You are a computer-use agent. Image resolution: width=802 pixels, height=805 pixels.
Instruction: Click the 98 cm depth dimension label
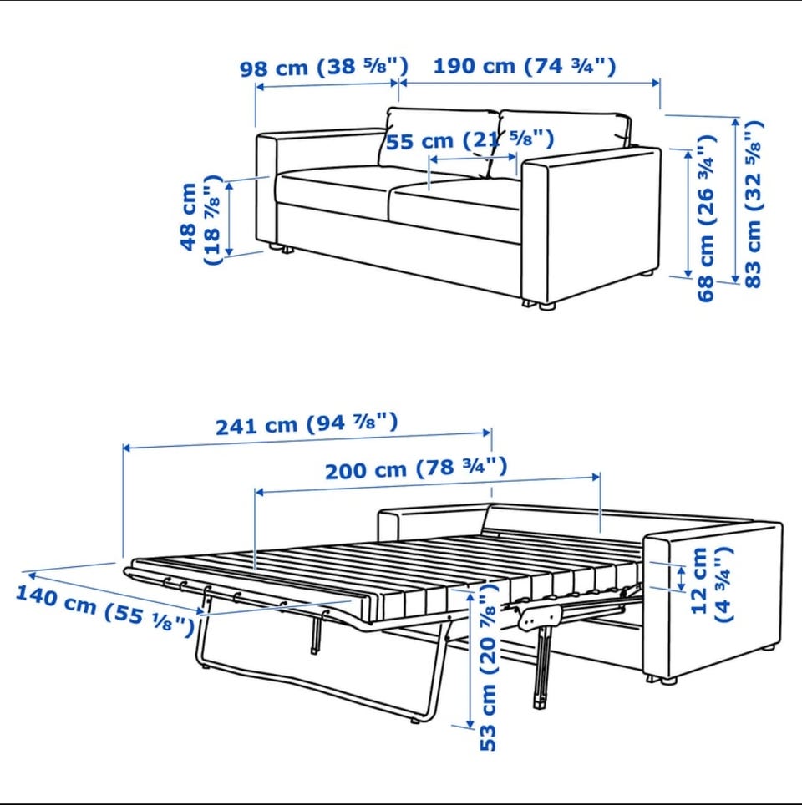(x=324, y=67)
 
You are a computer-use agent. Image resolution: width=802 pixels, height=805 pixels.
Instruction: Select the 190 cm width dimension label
(x=525, y=66)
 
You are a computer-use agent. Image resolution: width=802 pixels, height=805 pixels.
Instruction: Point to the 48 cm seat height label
(x=202, y=220)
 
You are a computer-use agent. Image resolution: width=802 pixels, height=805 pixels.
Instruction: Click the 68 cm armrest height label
(x=707, y=218)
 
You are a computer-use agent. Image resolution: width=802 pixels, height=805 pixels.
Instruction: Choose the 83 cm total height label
(x=753, y=204)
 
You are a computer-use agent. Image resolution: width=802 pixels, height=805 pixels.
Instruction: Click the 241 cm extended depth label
(x=307, y=423)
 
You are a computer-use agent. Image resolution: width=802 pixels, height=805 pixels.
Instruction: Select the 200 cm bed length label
(x=416, y=468)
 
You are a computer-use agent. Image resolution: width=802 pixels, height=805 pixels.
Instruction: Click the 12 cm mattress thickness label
(x=711, y=585)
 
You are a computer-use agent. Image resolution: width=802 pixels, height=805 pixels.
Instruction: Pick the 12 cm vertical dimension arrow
(x=682, y=578)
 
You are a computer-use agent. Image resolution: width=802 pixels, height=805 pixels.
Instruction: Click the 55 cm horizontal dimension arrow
(x=473, y=158)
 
